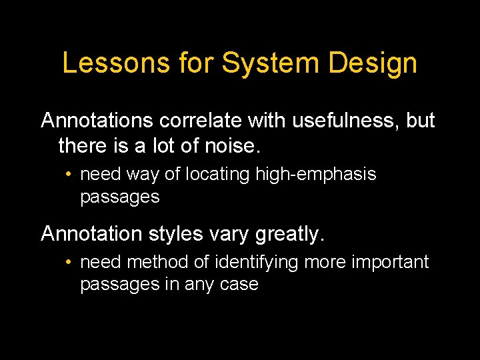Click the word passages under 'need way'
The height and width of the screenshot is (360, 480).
[119, 197]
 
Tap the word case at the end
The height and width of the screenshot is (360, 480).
[239, 285]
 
